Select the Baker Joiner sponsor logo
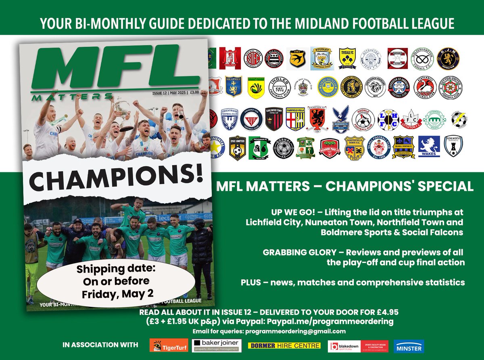[215, 345]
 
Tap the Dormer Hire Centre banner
[284, 345]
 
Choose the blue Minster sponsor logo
[409, 346]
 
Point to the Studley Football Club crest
[321, 59]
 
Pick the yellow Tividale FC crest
[347, 59]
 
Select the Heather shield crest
[234, 86]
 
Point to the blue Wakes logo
[429, 146]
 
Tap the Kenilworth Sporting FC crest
[453, 146]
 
